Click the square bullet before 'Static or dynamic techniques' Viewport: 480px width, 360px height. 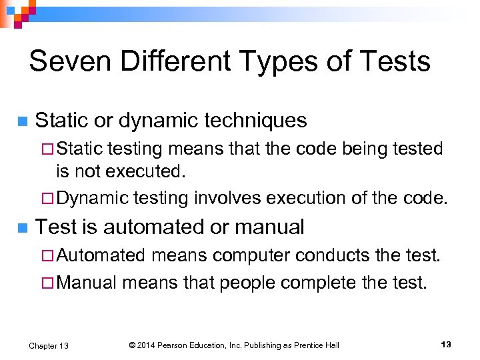click(23, 121)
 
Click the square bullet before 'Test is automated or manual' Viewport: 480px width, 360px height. click(23, 228)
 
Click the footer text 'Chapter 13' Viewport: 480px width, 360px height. click(49, 345)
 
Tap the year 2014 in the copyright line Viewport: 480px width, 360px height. click(147, 345)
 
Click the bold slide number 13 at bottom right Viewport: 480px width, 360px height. click(446, 344)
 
